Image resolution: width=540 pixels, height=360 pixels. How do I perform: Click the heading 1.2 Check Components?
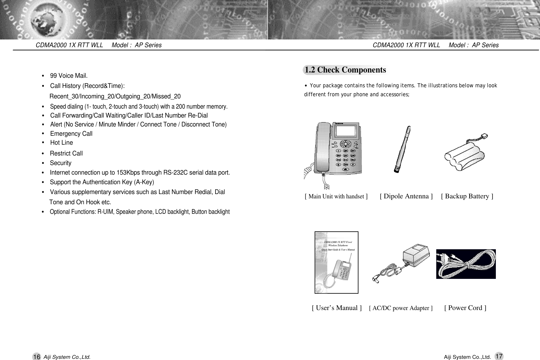click(345, 70)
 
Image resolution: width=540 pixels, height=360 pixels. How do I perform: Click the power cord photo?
click(466, 264)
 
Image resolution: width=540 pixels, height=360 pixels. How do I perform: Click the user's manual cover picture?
click(336, 262)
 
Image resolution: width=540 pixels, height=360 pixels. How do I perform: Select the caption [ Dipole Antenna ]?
click(406, 196)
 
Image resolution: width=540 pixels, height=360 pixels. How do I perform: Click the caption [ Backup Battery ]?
click(467, 196)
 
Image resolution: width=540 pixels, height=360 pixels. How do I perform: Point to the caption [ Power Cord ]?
click(465, 308)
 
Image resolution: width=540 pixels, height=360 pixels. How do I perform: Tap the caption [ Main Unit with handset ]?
click(336, 197)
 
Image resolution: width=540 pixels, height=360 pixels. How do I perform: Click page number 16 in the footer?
click(36, 357)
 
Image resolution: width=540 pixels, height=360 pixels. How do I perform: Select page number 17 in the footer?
click(499, 356)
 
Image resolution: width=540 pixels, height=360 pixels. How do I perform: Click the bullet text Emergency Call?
click(71, 134)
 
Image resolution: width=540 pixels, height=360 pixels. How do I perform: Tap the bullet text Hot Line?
click(61, 143)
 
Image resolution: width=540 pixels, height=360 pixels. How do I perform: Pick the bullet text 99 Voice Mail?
click(69, 76)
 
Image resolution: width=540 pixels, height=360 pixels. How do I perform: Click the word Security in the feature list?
click(61, 163)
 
